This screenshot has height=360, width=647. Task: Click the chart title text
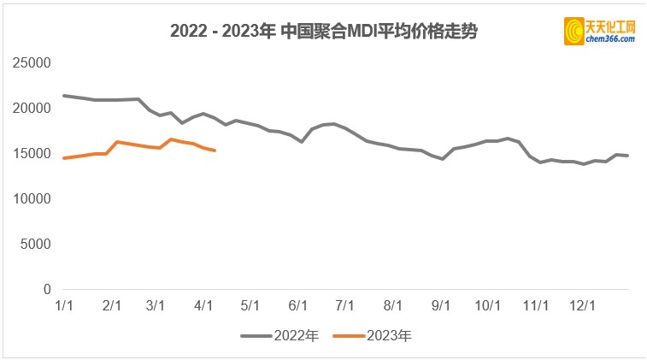(x=323, y=32)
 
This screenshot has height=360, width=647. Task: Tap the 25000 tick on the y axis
(x=32, y=63)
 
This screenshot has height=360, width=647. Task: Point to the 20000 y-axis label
(x=32, y=109)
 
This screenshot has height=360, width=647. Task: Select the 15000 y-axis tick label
(x=32, y=154)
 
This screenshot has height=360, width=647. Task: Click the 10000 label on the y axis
(x=32, y=199)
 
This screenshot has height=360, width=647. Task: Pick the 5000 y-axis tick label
(x=36, y=245)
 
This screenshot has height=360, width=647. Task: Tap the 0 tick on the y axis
(x=47, y=290)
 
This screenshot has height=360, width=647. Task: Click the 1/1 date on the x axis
(x=63, y=305)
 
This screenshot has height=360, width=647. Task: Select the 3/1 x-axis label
(x=156, y=305)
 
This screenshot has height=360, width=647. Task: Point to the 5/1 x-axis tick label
(x=250, y=305)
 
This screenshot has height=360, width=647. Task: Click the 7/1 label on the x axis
(x=345, y=305)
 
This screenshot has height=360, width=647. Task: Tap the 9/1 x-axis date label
(x=441, y=305)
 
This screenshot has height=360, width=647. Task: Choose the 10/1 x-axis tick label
(x=487, y=305)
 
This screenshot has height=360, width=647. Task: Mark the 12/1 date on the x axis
(x=583, y=305)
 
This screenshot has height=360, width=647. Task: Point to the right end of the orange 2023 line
(x=215, y=150)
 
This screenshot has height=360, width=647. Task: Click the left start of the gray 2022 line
(x=64, y=96)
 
